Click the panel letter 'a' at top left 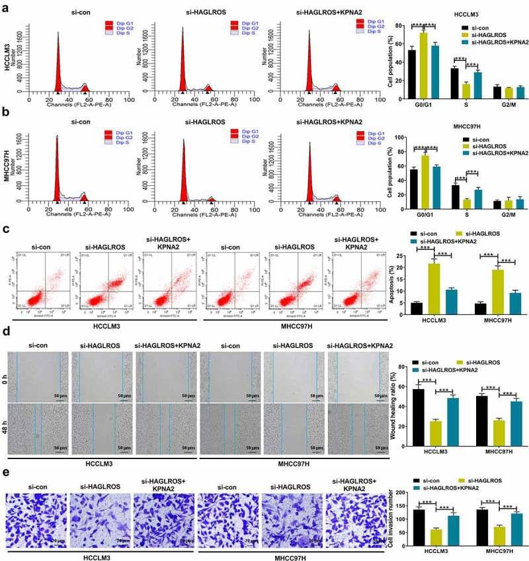tap(6, 7)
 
